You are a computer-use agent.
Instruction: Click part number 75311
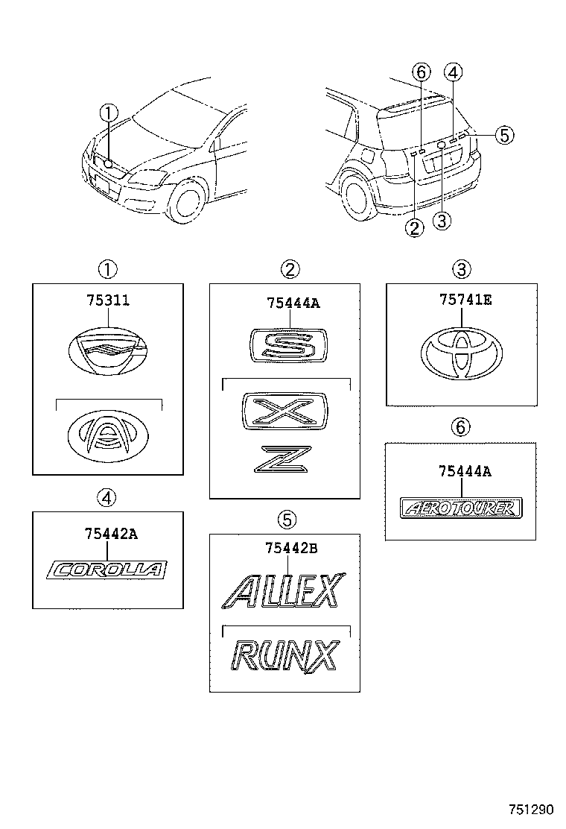107,301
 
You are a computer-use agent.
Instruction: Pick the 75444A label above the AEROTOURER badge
464,470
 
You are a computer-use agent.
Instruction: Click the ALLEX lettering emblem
284,592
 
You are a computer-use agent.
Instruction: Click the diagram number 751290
532,810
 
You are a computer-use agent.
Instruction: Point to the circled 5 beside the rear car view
504,135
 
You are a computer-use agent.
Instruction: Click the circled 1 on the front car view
109,113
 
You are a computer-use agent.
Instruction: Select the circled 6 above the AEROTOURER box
461,426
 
